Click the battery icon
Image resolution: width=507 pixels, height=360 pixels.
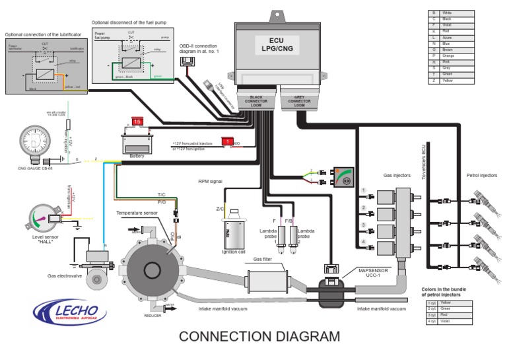pyautogui.click(x=137, y=142)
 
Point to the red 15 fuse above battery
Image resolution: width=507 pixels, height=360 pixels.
pyautogui.click(x=137, y=122)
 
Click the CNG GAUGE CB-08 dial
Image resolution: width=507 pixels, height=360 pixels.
pyautogui.click(x=32, y=139)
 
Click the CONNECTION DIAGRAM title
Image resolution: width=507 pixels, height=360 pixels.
pyautogui.click(x=259, y=336)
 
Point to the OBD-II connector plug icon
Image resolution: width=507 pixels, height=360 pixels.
pyautogui.click(x=189, y=62)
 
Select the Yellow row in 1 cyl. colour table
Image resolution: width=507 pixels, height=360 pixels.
pyautogui.click(x=448, y=302)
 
